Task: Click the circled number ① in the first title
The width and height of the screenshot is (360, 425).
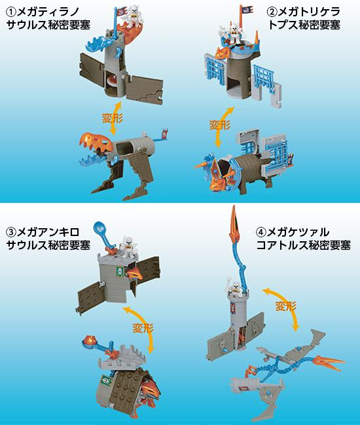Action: pos(11,11)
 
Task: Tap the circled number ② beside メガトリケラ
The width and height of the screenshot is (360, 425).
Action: pos(272,11)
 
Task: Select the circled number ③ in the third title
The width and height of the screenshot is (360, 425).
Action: pos(11,232)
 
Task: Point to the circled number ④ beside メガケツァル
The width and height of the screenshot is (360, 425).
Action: pos(261,232)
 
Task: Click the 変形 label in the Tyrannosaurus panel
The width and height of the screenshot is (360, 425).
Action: pos(112,118)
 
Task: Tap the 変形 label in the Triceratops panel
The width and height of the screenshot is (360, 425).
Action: pos(220,125)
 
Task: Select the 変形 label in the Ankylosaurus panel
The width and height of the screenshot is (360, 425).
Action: pos(143,328)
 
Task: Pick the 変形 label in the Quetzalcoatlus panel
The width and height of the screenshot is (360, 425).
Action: pos(285,306)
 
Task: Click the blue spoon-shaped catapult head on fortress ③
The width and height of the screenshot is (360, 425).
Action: pos(99,228)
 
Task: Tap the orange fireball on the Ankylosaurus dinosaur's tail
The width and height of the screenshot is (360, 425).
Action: pos(88,340)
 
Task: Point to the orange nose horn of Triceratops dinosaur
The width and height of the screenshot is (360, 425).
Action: pos(202,165)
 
